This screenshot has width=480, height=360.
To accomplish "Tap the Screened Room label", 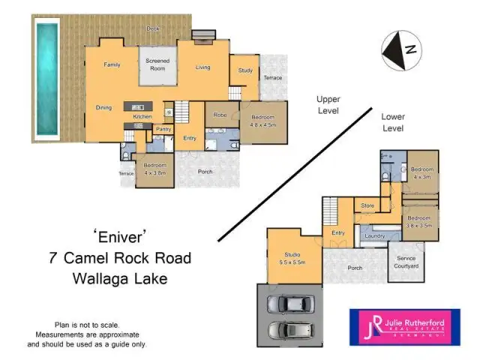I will tap(157, 64).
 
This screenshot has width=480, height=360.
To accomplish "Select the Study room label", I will tap(245, 70).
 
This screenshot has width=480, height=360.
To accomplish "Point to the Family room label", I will tap(112, 64).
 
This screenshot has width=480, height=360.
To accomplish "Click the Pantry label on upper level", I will tap(163, 129).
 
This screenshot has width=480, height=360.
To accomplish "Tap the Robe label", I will tap(220, 115).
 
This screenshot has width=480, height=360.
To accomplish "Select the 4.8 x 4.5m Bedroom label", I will tap(263, 121).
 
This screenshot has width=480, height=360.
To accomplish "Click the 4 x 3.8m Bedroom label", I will tap(154, 169).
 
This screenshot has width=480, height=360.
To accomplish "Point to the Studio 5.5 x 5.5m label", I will tap(292, 258).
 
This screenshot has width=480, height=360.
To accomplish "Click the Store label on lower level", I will tap(367, 205).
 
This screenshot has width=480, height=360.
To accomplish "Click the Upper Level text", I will tap(328, 105).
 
